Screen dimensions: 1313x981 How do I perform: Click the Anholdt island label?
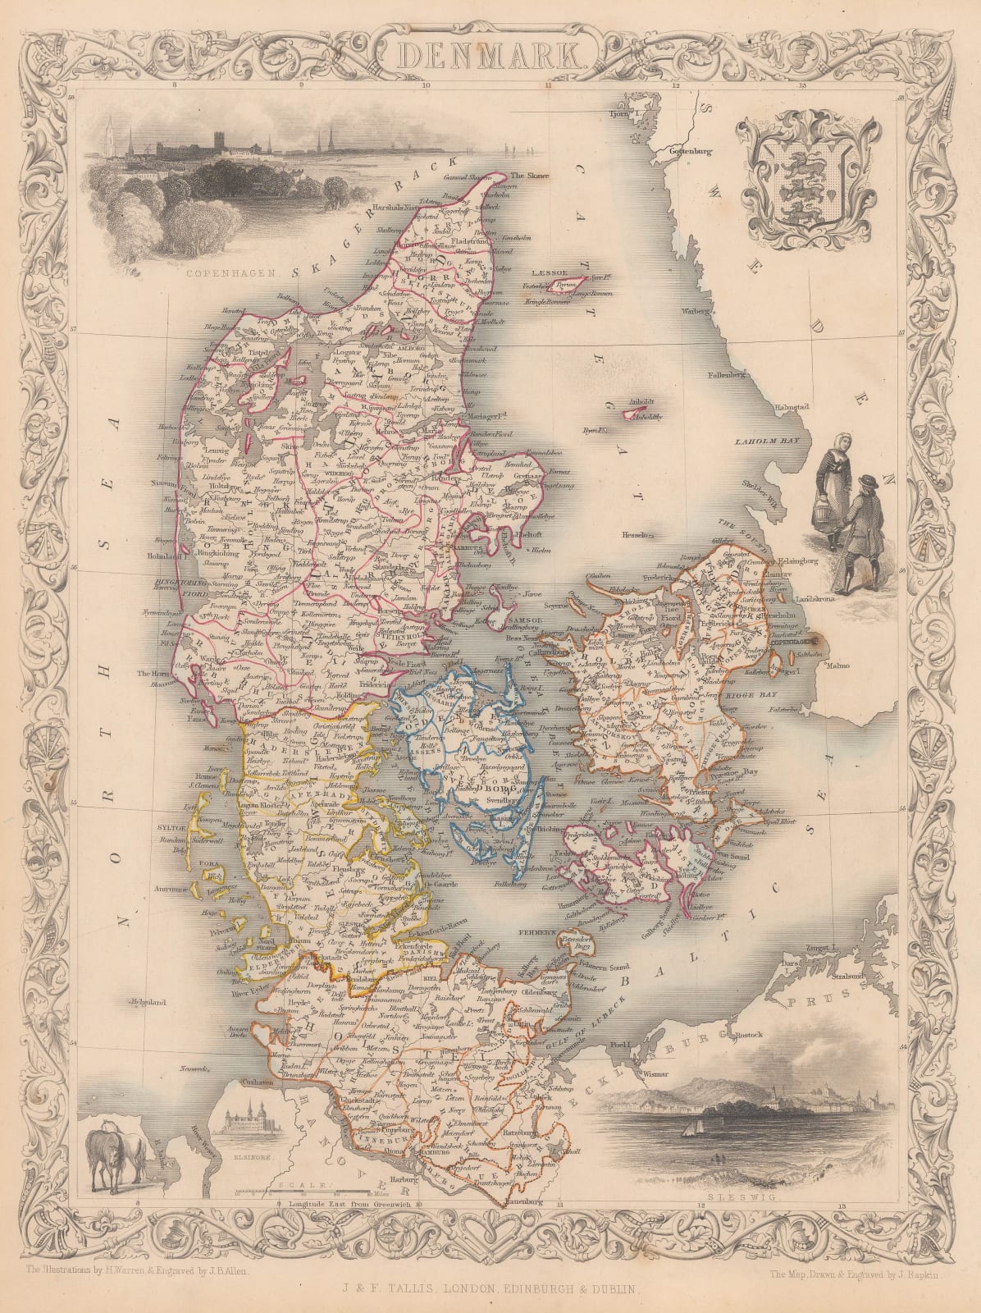[639, 401]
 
